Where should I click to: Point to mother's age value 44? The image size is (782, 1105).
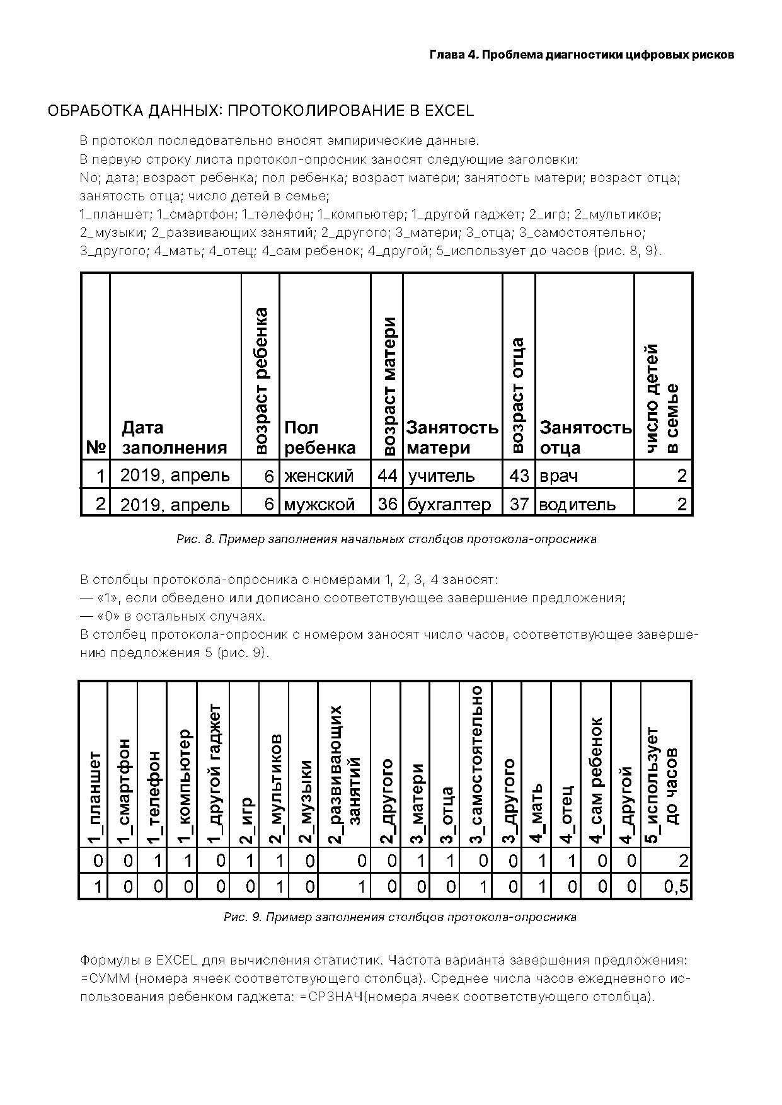pyautogui.click(x=387, y=475)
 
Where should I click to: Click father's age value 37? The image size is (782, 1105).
pyautogui.click(x=519, y=504)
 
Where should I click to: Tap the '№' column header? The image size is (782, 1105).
pyautogui.click(x=95, y=447)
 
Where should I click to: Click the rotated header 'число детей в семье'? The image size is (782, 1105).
pyautogui.click(x=662, y=399)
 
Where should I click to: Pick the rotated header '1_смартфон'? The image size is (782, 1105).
pyautogui.click(x=123, y=791)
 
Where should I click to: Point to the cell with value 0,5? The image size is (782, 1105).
pyautogui.click(x=676, y=887)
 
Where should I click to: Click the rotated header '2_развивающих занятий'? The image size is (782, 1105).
pyautogui.click(x=344, y=775)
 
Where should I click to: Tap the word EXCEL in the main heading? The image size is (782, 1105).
pyautogui.click(x=449, y=111)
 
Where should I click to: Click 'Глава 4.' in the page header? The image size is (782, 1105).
pyautogui.click(x=454, y=55)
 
